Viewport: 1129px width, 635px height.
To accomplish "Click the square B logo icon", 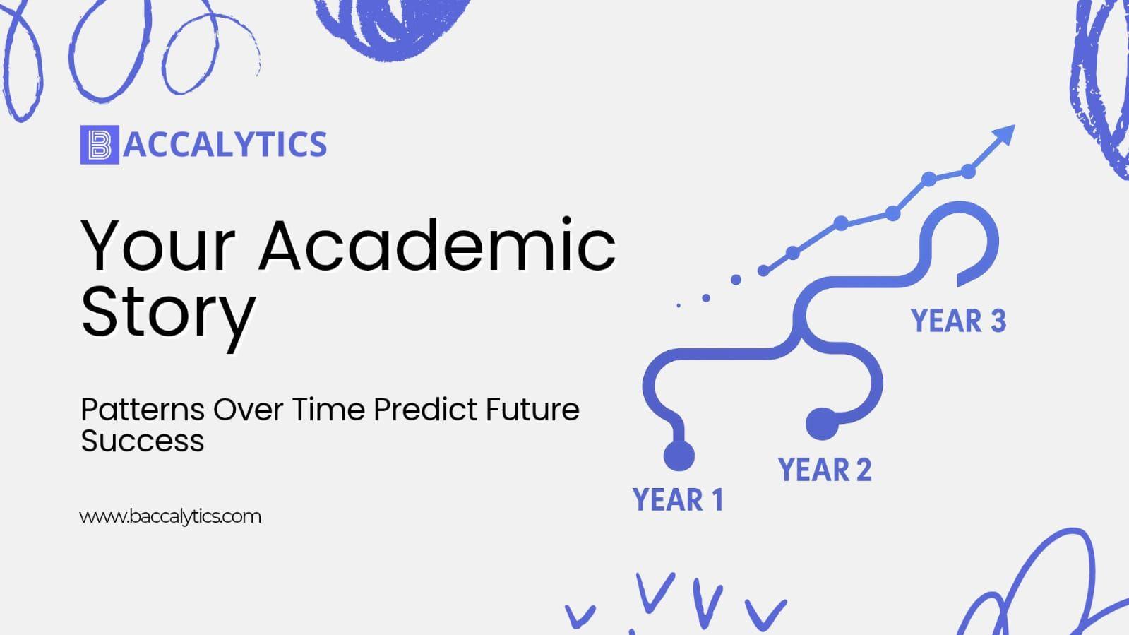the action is (x=100, y=145).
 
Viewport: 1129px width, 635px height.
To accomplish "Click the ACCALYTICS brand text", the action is (x=225, y=145).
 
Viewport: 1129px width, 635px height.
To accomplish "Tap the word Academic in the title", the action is (x=437, y=247).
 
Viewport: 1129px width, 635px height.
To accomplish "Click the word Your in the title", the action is (x=157, y=247).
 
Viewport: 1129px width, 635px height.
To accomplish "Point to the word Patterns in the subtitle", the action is (x=143, y=409).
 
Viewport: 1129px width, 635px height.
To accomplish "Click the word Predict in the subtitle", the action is (x=425, y=409).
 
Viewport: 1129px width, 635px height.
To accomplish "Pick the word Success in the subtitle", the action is (x=143, y=440).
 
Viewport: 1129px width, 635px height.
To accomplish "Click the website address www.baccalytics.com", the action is (x=170, y=516).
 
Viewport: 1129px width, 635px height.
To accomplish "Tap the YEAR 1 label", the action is (x=678, y=500).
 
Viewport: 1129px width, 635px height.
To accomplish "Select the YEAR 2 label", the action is (x=825, y=470).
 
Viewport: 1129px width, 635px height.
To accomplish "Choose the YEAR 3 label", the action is (x=958, y=321).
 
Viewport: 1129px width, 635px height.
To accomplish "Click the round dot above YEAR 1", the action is (x=679, y=456).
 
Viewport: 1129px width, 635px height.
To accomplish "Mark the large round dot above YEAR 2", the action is (x=822, y=424).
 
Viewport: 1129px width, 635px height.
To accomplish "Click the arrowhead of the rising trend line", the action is (x=1003, y=135).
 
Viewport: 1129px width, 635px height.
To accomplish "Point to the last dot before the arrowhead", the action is (x=968, y=172).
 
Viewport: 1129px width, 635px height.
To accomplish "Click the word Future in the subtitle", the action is (x=532, y=409).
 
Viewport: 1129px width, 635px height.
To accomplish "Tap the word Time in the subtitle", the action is (x=328, y=409).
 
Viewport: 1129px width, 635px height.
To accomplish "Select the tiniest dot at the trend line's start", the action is (x=679, y=306).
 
